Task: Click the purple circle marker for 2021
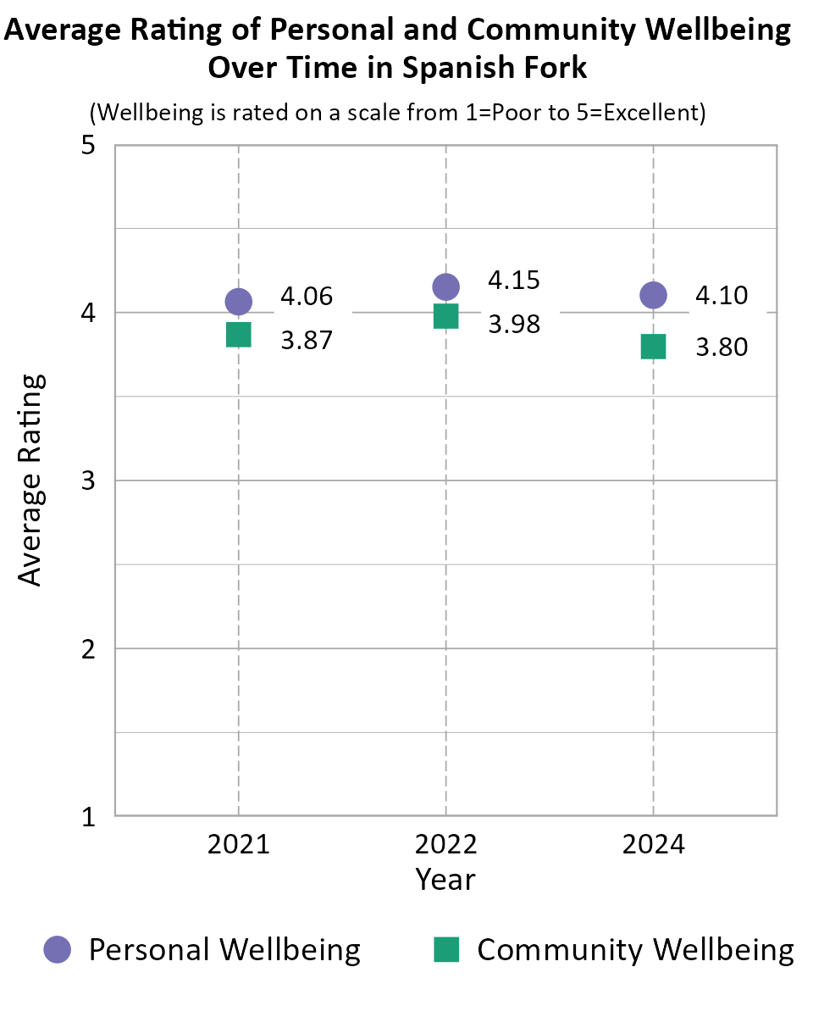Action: (238, 301)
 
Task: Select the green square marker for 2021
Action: (238, 334)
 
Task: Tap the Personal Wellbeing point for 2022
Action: (445, 286)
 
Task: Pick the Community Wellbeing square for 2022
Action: (445, 316)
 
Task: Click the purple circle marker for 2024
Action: (653, 295)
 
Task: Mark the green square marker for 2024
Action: (653, 346)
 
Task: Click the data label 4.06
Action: (307, 297)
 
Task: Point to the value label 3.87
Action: (307, 341)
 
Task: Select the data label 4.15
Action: (514, 280)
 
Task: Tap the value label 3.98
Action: (514, 324)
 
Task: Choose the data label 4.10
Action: (722, 295)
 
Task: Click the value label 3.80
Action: (722, 347)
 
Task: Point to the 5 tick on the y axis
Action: (87, 145)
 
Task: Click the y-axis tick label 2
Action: (87, 649)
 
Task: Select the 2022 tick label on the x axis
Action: (445, 845)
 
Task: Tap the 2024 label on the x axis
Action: (653, 845)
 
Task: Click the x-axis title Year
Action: (445, 879)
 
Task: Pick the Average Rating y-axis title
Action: (30, 480)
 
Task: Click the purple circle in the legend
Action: (58, 949)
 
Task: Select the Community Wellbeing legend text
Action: (635, 949)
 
